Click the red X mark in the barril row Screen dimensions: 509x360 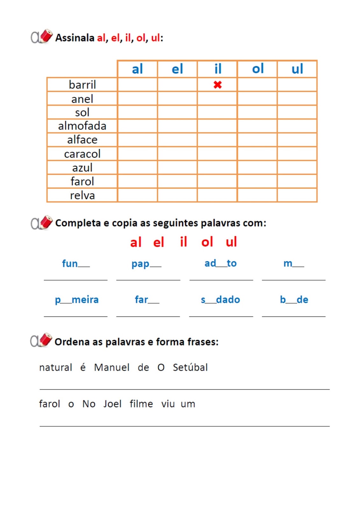click(217, 85)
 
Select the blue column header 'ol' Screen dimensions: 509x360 click(258, 69)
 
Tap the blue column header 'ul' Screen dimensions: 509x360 click(297, 69)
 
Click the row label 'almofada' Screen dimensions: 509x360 click(82, 126)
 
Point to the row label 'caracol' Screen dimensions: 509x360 click(82, 154)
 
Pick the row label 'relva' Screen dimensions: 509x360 click(82, 195)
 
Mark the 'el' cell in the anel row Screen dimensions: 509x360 click(177, 99)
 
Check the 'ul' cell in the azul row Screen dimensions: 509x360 click(297, 168)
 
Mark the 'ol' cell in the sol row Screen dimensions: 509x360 click(257, 112)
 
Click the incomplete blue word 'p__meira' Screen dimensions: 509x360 click(77, 300)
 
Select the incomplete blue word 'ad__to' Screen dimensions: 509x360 click(221, 263)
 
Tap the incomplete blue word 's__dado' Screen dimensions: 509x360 click(220, 300)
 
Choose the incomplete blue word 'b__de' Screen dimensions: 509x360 click(294, 300)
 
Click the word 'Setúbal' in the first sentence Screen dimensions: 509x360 click(190, 367)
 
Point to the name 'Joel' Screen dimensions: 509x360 click(112, 404)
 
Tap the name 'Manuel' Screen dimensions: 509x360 click(112, 367)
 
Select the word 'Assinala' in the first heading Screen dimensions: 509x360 click(75, 38)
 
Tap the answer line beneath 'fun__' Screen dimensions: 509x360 click(76, 280)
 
